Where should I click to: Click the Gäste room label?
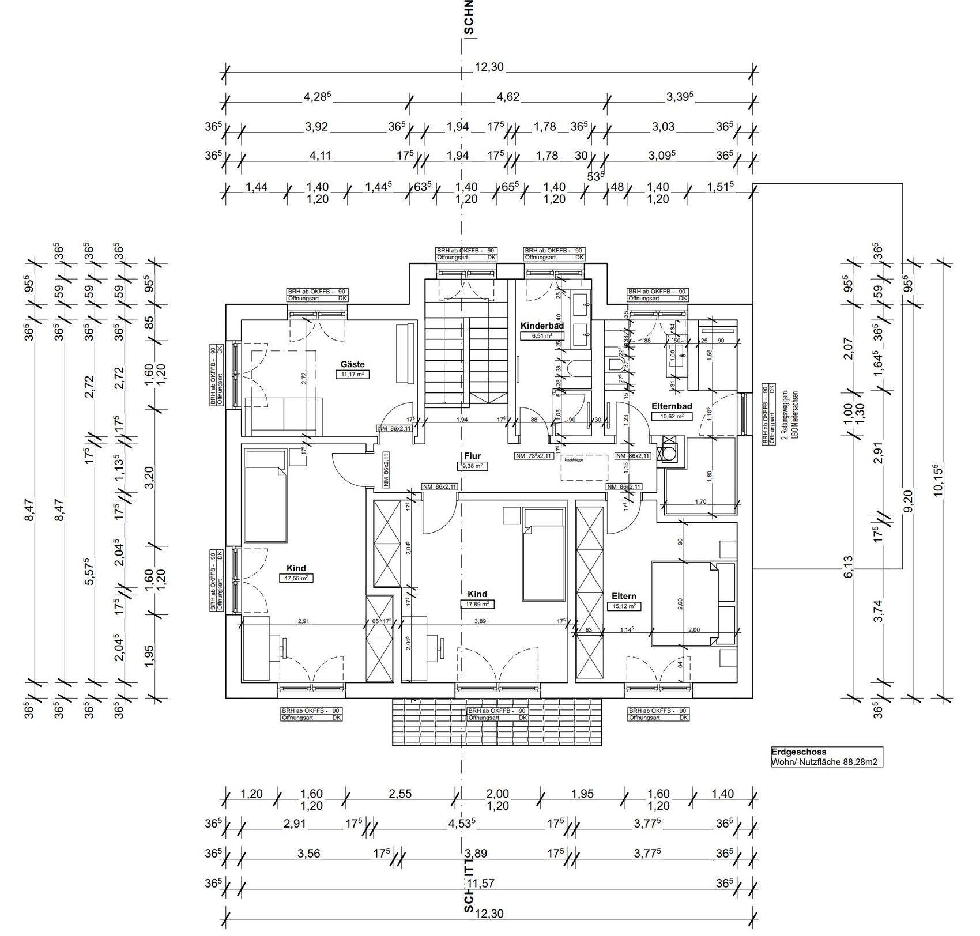coord(352,364)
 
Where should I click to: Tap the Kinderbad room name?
coord(542,326)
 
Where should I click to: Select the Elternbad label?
coord(672,406)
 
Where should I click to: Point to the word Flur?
coord(472,456)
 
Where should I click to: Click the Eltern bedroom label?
coord(624,596)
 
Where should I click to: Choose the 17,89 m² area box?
coord(477,604)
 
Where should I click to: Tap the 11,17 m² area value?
coord(352,374)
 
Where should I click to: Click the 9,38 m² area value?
coord(472,466)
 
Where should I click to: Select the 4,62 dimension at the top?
coord(508,97)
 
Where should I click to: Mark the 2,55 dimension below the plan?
coord(400,794)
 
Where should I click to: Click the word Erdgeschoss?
coord(798,752)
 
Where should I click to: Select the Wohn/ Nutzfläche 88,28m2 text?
coord(827,762)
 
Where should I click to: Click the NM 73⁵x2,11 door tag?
coord(534,456)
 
